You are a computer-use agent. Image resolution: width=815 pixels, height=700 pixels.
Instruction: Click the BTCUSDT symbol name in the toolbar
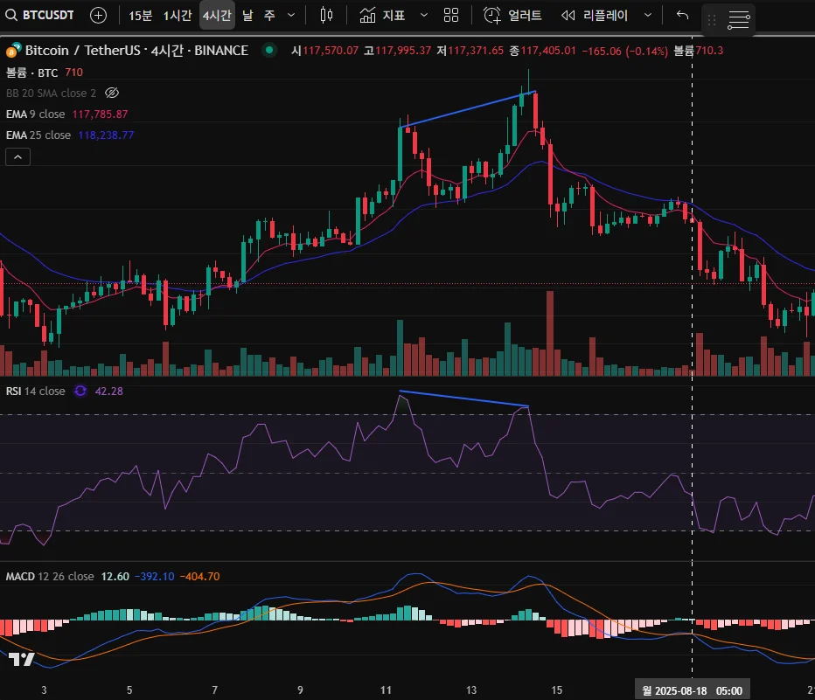[x=48, y=15]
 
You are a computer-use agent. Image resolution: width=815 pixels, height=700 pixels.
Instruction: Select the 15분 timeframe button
[x=140, y=15]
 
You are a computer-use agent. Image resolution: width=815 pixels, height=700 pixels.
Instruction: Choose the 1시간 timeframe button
[x=178, y=15]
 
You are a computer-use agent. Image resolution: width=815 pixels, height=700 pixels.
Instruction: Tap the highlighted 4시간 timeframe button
[x=217, y=15]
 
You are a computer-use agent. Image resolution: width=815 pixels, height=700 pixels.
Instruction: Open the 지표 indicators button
[x=383, y=15]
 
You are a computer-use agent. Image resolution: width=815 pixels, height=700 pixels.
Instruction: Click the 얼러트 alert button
[x=514, y=15]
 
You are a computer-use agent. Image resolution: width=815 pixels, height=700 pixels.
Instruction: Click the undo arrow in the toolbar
[x=683, y=15]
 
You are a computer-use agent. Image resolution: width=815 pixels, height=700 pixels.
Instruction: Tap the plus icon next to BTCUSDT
[x=99, y=15]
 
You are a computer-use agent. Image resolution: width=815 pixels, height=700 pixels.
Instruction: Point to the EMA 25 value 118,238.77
[x=106, y=135]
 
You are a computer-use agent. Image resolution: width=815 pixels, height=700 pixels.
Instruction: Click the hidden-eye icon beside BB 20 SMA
[x=111, y=93]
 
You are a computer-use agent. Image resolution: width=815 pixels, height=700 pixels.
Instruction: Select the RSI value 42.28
[x=109, y=391]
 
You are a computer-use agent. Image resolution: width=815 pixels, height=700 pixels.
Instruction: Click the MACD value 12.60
[x=115, y=577]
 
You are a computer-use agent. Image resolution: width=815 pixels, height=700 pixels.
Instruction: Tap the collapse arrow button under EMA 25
[x=18, y=156]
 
